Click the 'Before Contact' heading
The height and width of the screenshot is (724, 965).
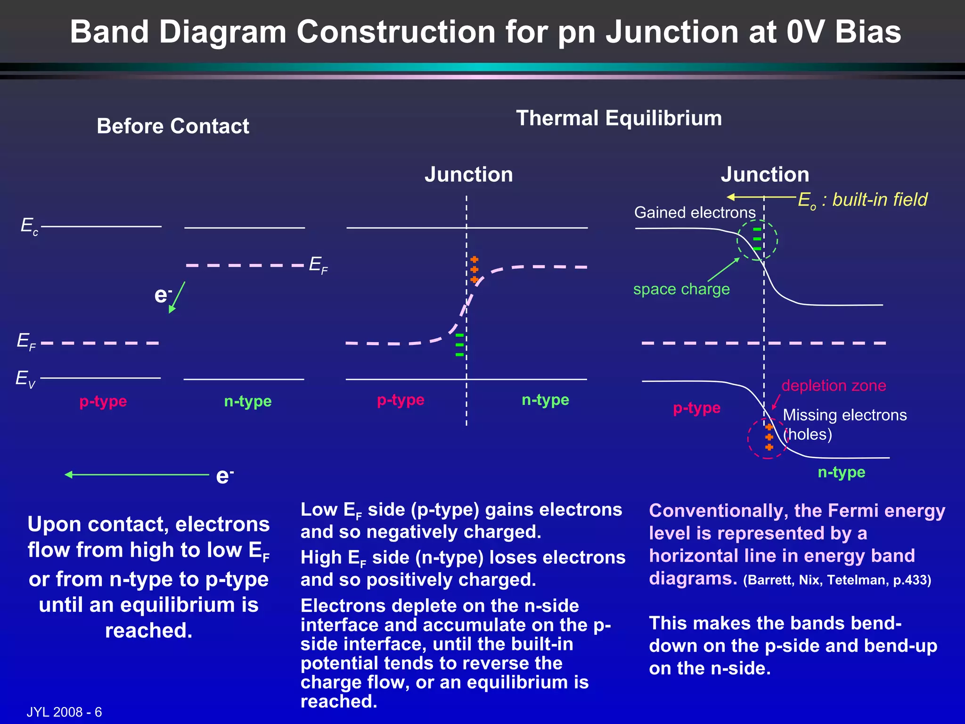173,126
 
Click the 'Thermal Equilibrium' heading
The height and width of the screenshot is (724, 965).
619,118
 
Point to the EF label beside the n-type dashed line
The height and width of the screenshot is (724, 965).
318,265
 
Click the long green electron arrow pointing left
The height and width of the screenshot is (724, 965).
137,475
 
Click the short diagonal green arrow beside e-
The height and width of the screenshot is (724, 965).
177,297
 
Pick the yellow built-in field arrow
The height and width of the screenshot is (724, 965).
761,197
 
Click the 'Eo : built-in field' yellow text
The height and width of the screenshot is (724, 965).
862,200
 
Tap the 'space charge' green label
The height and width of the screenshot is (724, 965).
681,289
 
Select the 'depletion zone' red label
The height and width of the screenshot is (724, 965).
834,386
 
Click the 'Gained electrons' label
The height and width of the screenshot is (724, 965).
695,213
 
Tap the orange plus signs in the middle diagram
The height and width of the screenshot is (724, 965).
474,270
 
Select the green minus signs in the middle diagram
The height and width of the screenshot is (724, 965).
459,345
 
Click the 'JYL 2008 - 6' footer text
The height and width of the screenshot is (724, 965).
64,712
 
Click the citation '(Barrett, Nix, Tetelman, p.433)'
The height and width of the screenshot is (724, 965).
837,580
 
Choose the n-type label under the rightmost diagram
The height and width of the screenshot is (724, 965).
842,472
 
